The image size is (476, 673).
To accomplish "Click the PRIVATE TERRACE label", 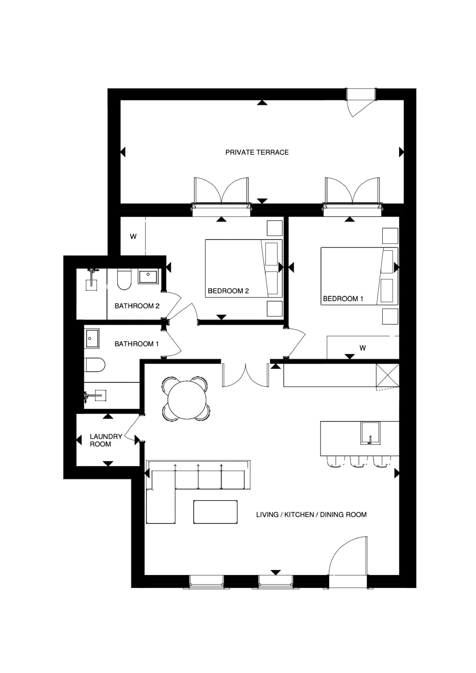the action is pos(257,152).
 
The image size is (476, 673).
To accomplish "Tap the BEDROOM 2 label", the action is pos(228,291).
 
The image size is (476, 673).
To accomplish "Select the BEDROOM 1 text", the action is pos(343,298).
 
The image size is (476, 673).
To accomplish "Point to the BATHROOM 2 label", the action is pos(137,306).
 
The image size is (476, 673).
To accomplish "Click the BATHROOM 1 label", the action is pos(137,344).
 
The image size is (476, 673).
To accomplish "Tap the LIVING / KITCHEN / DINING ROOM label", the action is pos(311,514).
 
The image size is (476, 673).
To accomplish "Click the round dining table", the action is pos(186,398).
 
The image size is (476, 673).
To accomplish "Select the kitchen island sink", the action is pos(370,433).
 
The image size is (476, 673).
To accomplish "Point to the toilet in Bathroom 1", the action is pos(95,365).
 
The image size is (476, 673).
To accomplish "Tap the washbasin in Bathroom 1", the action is pos(92,338).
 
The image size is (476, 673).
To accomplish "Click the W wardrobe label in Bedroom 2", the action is pos(133,237).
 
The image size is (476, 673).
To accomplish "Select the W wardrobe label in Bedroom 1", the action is pos(363,348).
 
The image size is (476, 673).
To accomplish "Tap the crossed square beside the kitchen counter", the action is pos(387,376).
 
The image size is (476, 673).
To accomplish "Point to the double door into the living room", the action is pos(245,375).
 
